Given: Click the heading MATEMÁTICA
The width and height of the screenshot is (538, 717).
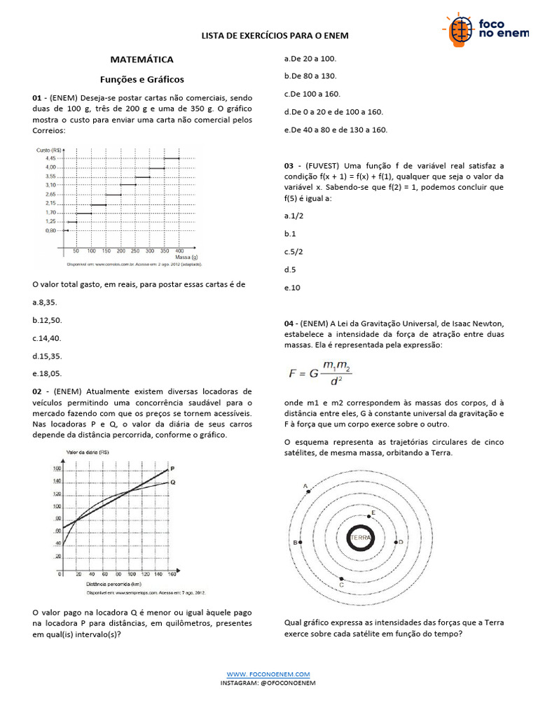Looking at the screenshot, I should point(142,60).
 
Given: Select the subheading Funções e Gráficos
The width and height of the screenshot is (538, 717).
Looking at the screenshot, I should point(142,79).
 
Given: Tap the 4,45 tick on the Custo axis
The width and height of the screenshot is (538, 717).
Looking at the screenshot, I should point(50,159).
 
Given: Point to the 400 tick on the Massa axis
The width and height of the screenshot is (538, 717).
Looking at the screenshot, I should point(179,250).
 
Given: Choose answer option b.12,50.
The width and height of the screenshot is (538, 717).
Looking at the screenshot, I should point(48,319).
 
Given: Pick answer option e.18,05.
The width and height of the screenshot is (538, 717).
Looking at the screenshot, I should point(47,374).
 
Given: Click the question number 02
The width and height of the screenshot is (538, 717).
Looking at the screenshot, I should point(38,391).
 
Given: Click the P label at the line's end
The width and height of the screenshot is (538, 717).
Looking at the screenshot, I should point(172,468).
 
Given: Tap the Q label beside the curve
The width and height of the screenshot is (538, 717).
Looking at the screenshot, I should point(172,482).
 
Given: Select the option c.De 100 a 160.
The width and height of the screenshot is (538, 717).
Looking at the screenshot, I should point(312,94).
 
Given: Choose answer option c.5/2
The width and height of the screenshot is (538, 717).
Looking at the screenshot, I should point(294,251).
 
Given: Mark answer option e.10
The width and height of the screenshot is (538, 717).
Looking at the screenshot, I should point(292,288).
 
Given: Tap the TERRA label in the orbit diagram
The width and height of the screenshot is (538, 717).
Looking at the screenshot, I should point(362,538).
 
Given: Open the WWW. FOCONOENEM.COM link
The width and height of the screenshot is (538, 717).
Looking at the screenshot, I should point(268,674).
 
